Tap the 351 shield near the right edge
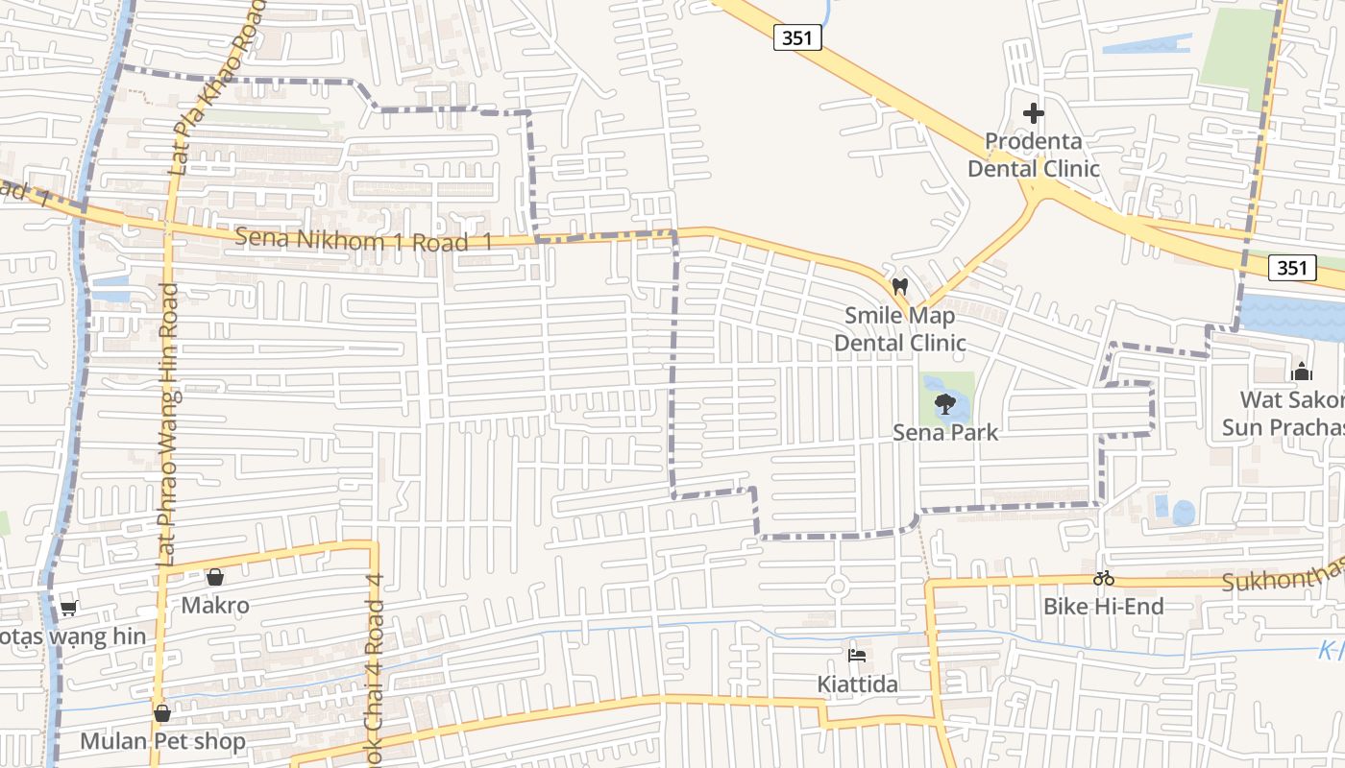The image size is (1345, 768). pyautogui.click(x=1292, y=268)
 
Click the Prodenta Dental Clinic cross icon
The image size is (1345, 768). pyautogui.click(x=1033, y=113)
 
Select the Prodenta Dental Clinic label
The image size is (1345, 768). pyautogui.click(x=1033, y=155)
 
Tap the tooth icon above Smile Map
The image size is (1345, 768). pyautogui.click(x=900, y=286)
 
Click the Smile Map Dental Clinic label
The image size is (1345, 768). pyautogui.click(x=900, y=328)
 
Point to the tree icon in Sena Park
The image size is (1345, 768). pyautogui.click(x=944, y=402)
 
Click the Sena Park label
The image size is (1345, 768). pyautogui.click(x=945, y=432)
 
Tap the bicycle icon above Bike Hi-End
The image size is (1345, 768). pyautogui.click(x=1103, y=578)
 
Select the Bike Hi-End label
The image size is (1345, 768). pyautogui.click(x=1103, y=606)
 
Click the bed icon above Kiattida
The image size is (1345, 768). pyautogui.click(x=858, y=656)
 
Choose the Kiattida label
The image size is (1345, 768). pyautogui.click(x=858, y=684)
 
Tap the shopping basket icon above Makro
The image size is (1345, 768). pyautogui.click(x=215, y=577)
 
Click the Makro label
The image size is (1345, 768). pyautogui.click(x=215, y=605)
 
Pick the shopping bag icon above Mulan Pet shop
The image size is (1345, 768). pyautogui.click(x=162, y=713)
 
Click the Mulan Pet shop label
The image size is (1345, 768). pyautogui.click(x=162, y=741)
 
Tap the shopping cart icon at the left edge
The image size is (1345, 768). pyautogui.click(x=68, y=609)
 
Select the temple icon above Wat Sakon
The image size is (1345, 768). pyautogui.click(x=1302, y=372)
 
